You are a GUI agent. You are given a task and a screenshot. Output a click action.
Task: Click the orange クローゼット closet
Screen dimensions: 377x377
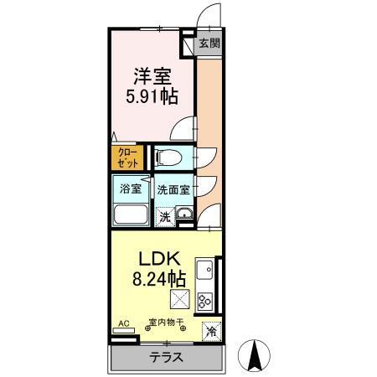pos(128,158)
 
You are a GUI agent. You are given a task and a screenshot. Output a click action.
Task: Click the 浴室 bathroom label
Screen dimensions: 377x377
pos(129,188)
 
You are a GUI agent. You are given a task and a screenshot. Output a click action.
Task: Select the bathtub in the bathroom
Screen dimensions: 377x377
pos(130,214)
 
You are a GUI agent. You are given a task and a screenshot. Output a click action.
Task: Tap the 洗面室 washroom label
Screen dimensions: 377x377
pos(173,188)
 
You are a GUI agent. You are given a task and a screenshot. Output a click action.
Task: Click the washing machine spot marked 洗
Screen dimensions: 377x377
pos(164,216)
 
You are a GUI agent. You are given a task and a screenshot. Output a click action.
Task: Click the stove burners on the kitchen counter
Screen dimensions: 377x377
pos(204,299)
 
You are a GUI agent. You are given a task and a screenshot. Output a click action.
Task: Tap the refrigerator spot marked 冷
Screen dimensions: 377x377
pos(211,331)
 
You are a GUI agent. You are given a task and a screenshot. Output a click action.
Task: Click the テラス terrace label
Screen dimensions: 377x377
pos(167,358)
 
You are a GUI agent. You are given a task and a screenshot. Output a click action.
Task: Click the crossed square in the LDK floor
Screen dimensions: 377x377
pos(179,300)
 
